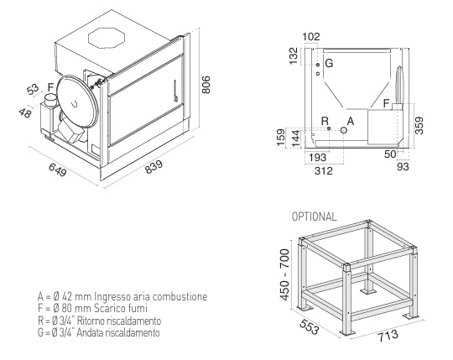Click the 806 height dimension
[x=206, y=85]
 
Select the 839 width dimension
[x=154, y=167]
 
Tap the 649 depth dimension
[x=58, y=170]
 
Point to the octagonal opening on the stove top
[x=107, y=38]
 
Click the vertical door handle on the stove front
[x=175, y=91]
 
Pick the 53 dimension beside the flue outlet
[x=33, y=89]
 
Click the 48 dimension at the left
[x=25, y=112]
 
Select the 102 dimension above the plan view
[x=311, y=37]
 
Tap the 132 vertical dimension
[x=294, y=56]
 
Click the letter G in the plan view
[x=329, y=63]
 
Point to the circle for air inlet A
[x=343, y=130]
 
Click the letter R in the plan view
[x=325, y=121]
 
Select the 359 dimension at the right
[x=419, y=126]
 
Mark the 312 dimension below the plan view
[x=324, y=170]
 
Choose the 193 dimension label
[x=317, y=158]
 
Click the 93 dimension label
[x=403, y=167]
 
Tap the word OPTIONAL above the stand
[x=314, y=217]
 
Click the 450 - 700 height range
[x=284, y=274]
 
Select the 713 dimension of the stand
[x=388, y=335]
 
